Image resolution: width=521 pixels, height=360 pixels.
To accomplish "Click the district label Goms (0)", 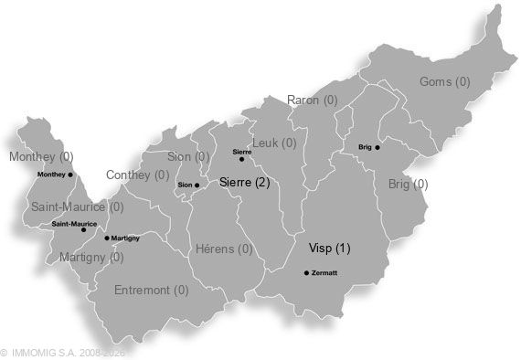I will coord(444,81).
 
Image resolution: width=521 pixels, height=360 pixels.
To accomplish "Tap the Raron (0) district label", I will coord(312,100).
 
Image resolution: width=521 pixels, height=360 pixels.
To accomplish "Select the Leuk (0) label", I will coord(274,143).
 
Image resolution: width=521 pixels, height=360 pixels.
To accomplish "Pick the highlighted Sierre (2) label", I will coord(245,183).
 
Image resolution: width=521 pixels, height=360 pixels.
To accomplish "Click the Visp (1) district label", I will coord(329,248).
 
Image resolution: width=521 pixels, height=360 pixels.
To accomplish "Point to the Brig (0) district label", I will coord(408,184).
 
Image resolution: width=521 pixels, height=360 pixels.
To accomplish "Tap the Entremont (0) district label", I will coord(152,291).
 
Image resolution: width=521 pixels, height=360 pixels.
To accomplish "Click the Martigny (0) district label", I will coord(90,257).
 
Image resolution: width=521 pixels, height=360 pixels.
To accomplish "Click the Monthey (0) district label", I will coord(40,156).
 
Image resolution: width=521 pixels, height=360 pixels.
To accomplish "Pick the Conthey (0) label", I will coord(137,175).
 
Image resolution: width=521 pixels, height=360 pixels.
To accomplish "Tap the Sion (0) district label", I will coord(188,156).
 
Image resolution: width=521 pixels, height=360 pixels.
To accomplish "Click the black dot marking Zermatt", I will coord(306,272).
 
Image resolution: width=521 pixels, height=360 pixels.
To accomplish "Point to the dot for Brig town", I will coord(377,147).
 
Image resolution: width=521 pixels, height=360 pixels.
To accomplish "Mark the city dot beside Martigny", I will coord(107,238).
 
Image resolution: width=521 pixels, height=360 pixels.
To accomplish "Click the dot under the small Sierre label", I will coord(241,159).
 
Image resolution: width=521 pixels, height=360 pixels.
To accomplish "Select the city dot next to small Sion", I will coord(197,185).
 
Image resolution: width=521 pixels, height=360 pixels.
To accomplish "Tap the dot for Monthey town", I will coord(71,175).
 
